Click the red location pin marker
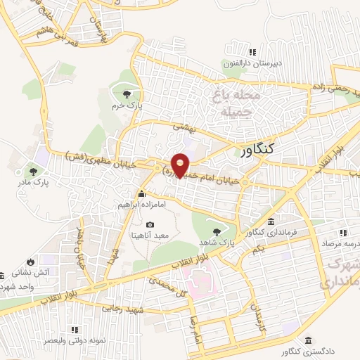pyautogui.click(x=181, y=165)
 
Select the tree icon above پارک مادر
pyautogui.click(x=32, y=170)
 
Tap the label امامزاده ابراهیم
pyautogui.click(x=142, y=205)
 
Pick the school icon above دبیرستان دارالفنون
pyautogui.click(x=252, y=52)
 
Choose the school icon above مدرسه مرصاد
pyautogui.click(x=344, y=232)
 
